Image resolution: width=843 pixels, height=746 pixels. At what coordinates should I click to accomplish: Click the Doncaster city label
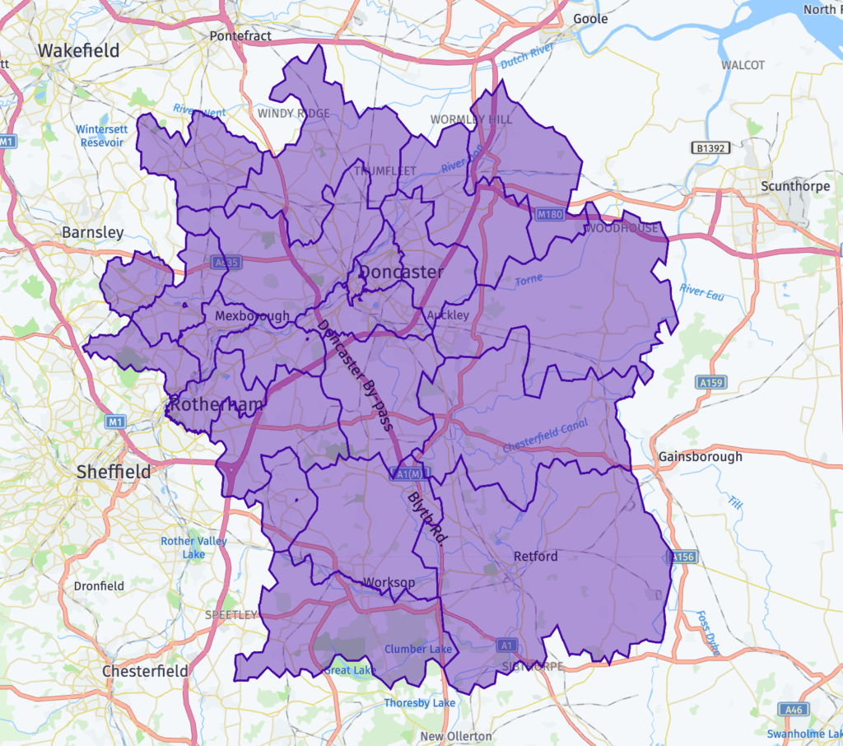(402, 272)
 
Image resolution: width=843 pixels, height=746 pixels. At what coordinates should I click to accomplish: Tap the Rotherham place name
(216, 404)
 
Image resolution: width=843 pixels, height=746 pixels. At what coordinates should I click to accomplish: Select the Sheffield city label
(114, 472)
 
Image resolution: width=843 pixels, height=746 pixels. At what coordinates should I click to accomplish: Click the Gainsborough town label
(701, 456)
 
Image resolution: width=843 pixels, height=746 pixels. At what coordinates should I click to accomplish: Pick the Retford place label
(535, 556)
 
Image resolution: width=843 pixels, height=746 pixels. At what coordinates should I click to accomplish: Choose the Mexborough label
(252, 316)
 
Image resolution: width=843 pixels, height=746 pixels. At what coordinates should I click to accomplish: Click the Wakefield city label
(79, 50)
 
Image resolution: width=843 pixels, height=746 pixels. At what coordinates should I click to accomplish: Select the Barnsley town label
(93, 233)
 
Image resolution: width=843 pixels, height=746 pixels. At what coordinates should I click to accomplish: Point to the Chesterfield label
(146, 671)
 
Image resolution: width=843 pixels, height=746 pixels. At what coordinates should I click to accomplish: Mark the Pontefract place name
(240, 36)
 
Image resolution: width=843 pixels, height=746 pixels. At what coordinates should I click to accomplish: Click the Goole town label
(590, 19)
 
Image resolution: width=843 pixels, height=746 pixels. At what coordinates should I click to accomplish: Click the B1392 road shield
(710, 148)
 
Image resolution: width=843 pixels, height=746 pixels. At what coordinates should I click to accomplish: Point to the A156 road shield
(683, 557)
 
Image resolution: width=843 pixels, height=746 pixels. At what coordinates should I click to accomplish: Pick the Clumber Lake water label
(418, 649)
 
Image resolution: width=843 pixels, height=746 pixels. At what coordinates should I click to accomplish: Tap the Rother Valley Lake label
(194, 548)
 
